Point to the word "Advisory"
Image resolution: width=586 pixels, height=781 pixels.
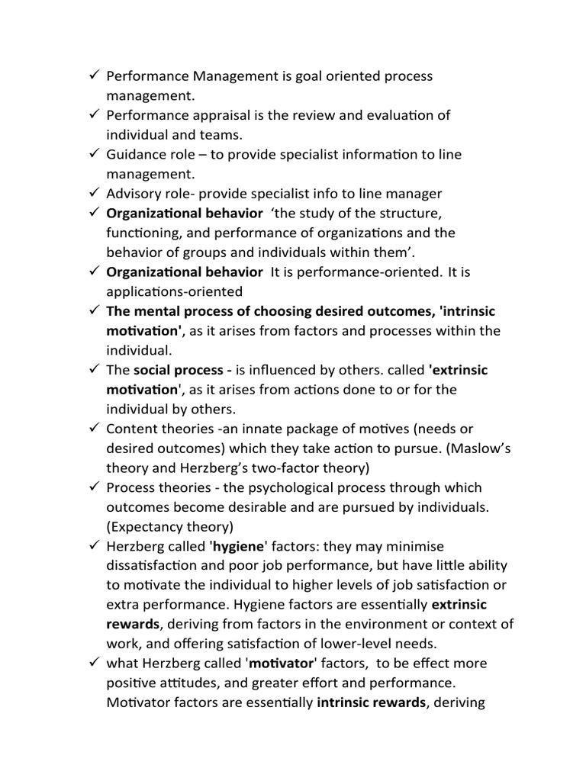[x=133, y=193]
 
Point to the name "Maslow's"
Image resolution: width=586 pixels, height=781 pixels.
[x=456, y=448]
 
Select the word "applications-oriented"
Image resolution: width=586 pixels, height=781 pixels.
[x=175, y=291]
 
